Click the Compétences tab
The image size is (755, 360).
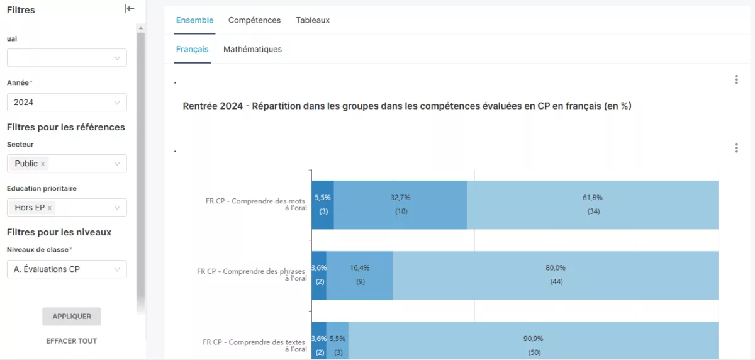click(x=254, y=20)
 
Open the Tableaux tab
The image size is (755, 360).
click(x=313, y=20)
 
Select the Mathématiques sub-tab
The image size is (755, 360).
click(x=252, y=49)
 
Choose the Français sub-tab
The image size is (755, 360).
click(x=192, y=49)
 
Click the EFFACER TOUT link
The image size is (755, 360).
click(x=72, y=340)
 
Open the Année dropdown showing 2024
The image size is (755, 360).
click(x=67, y=102)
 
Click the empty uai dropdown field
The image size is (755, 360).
click(x=67, y=58)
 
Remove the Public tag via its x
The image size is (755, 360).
click(x=43, y=164)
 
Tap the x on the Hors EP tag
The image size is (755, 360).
click(x=50, y=208)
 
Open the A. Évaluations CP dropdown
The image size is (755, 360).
click(x=67, y=269)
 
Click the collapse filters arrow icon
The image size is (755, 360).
click(x=130, y=9)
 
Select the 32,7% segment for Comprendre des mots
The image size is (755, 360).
click(x=400, y=205)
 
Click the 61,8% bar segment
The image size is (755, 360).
click(x=593, y=205)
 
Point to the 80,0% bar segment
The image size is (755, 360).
click(x=556, y=276)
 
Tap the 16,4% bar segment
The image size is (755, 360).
click(x=359, y=276)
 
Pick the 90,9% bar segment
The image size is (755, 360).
click(x=534, y=340)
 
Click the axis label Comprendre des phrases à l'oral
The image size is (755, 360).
click(x=252, y=274)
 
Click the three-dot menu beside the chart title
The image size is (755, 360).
click(x=737, y=79)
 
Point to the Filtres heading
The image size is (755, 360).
click(x=21, y=10)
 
